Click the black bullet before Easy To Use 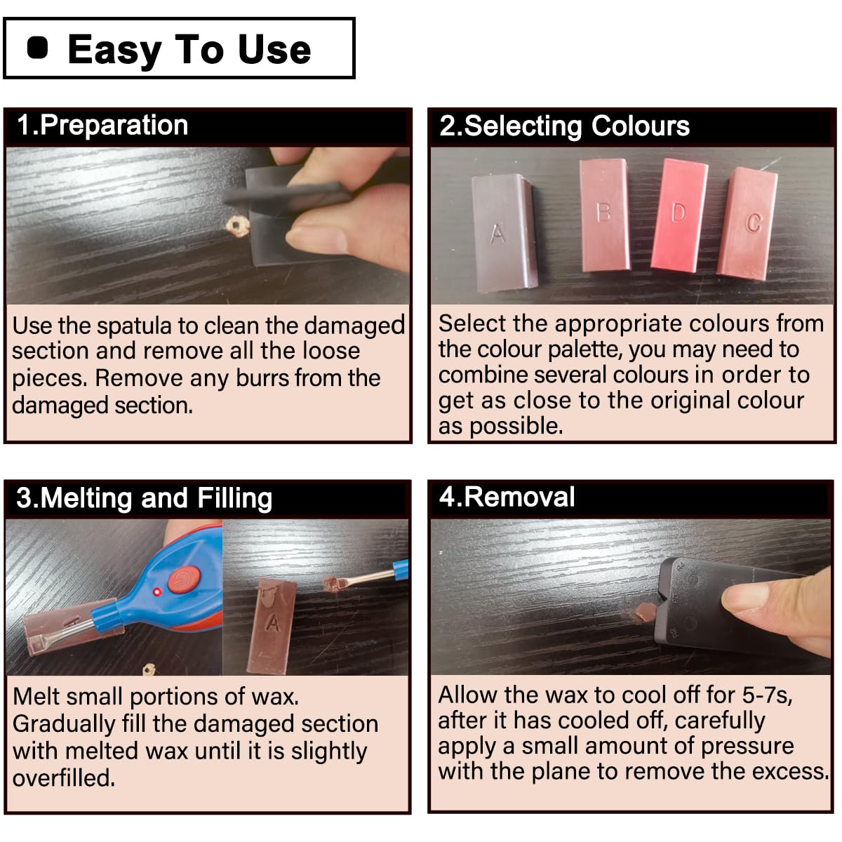38,48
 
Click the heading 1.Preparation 102,126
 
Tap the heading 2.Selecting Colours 564,126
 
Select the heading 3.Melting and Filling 144,498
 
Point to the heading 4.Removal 507,497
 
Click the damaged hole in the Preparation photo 237,226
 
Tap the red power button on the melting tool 184,580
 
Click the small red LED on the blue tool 157,593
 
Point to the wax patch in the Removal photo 644,613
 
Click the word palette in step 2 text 584,349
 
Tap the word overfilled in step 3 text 64,778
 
